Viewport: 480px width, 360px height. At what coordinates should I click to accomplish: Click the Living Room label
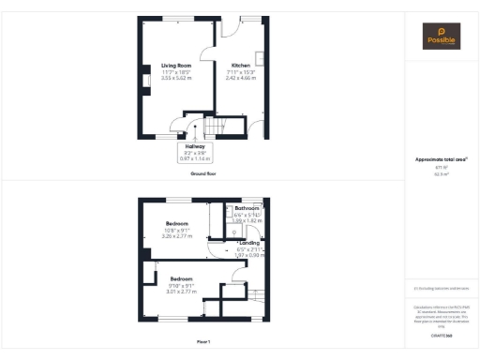[x=176, y=65]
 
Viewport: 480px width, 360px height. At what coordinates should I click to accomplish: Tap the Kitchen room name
[x=242, y=65]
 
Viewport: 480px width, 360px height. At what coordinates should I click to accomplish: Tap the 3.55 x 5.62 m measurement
[x=176, y=78]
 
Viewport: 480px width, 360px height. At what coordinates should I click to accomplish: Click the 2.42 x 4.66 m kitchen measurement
[x=242, y=78]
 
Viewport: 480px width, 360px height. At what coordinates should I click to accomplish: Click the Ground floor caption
[x=203, y=174]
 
